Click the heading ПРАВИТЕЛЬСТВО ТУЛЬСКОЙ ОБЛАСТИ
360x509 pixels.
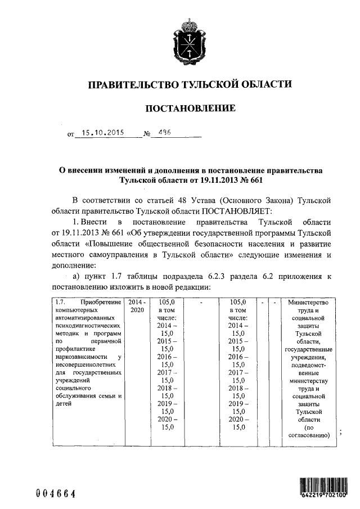(x=190, y=85)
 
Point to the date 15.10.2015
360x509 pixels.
(x=101, y=134)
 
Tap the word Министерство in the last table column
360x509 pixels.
(x=310, y=302)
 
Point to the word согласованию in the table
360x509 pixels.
(x=310, y=435)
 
